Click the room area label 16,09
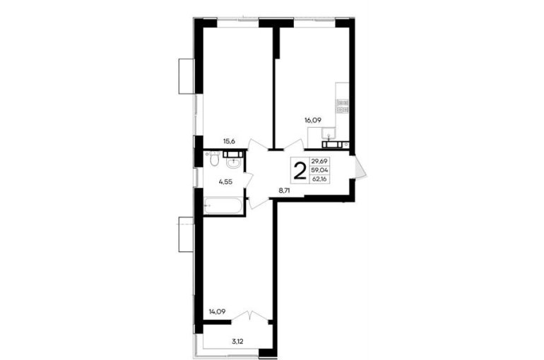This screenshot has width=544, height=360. coord(313,121)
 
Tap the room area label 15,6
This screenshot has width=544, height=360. coord(229,141)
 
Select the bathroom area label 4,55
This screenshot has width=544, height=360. coord(225,181)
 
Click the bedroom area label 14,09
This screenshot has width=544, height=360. coord(217,311)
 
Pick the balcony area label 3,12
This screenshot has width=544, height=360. coord(237,342)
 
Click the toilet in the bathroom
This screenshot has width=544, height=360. coord(213,159)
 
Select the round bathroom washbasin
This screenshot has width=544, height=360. coord(233,163)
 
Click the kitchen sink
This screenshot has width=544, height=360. coord(329,133)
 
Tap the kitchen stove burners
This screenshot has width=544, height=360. coord(343,107)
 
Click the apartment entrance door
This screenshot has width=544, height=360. coord(360,167)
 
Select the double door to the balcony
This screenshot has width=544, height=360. coord(250,317)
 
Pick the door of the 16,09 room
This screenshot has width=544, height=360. coord(295,144)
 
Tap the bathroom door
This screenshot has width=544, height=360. coord(249,179)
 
